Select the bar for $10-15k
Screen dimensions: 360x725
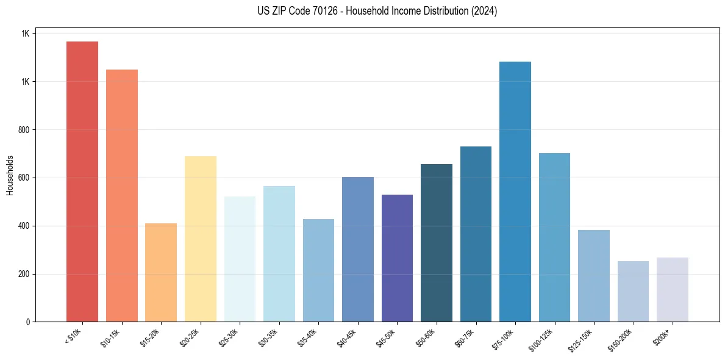[x=122, y=196]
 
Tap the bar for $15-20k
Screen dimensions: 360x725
[x=161, y=273]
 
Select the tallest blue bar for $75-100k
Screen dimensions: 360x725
[x=515, y=192]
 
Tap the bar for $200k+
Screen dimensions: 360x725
[x=673, y=290]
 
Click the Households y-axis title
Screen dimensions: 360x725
[x=10, y=175]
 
